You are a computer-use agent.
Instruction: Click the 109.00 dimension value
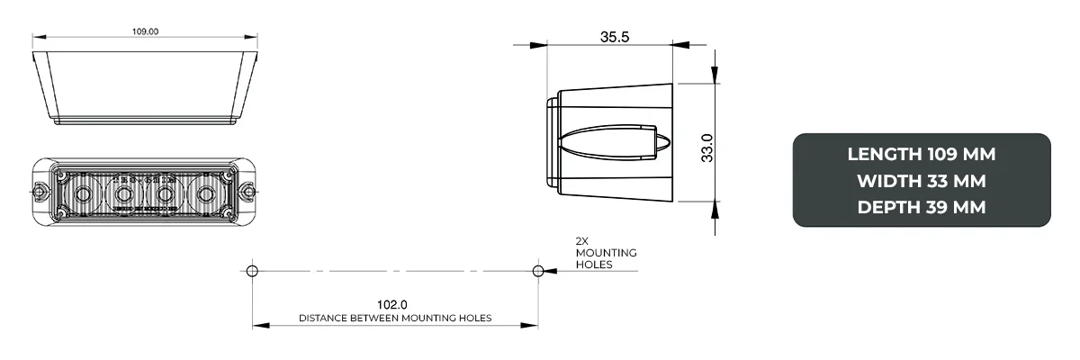(145, 31)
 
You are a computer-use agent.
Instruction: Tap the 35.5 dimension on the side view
(614, 37)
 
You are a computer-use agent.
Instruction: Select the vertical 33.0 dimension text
(707, 148)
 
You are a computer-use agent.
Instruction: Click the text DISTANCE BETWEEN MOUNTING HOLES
(395, 319)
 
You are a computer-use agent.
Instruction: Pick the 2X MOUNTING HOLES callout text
(606, 253)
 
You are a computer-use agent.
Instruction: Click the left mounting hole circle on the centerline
(252, 270)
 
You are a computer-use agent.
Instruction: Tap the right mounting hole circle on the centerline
(538, 270)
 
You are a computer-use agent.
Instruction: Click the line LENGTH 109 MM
(921, 154)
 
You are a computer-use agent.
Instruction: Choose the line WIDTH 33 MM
(921, 181)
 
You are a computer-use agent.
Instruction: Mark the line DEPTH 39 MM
(921, 207)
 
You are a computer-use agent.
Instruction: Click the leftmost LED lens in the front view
(82, 193)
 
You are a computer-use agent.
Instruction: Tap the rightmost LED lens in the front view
(206, 193)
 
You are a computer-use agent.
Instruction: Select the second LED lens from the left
(123, 193)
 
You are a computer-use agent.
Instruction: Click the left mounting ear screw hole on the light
(40, 192)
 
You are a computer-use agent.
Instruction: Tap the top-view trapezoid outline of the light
(145, 86)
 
